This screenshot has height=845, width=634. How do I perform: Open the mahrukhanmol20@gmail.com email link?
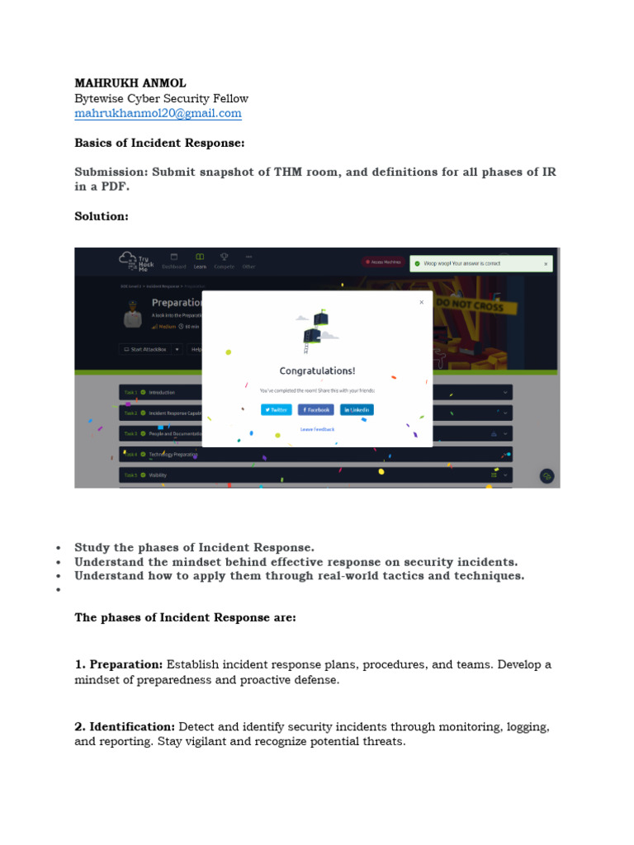pyautogui.click(x=158, y=113)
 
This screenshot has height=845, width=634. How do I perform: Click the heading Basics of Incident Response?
pyautogui.click(x=159, y=143)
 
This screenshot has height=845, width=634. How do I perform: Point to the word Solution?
pyautogui.click(x=102, y=215)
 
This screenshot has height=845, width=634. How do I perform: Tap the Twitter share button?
pyautogui.click(x=277, y=409)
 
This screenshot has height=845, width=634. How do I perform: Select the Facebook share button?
pyautogui.click(x=316, y=409)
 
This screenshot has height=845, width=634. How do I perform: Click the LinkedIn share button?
pyautogui.click(x=357, y=409)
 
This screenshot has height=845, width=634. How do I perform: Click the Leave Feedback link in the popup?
pyautogui.click(x=317, y=429)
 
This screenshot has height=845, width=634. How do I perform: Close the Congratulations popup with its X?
pyautogui.click(x=421, y=302)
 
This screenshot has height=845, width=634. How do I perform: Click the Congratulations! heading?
pyautogui.click(x=317, y=371)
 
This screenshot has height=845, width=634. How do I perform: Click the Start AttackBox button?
pyautogui.click(x=145, y=349)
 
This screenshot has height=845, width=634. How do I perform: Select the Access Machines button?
pyautogui.click(x=383, y=262)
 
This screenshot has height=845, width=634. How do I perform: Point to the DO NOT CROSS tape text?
pyautogui.click(x=465, y=303)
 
